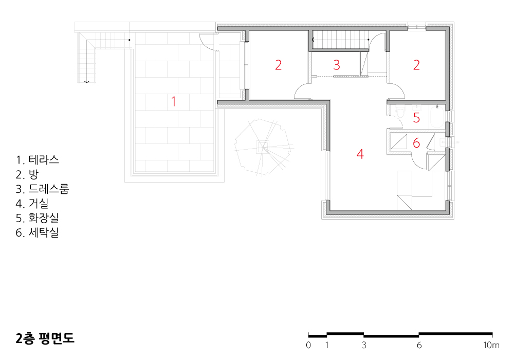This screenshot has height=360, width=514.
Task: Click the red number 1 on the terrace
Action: pyautogui.click(x=174, y=102)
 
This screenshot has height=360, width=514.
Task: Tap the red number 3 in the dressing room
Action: pyautogui.click(x=337, y=65)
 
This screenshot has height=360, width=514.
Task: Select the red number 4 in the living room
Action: pyautogui.click(x=360, y=154)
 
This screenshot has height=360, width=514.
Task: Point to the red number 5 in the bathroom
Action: pyautogui.click(x=416, y=117)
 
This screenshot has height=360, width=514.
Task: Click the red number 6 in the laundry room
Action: pyautogui.click(x=416, y=143)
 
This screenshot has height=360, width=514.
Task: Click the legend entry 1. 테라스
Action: pyautogui.click(x=38, y=160)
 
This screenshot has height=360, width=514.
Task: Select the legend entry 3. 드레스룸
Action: pyautogui.click(x=42, y=189)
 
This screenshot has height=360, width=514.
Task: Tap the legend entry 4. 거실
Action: pyautogui.click(x=32, y=204)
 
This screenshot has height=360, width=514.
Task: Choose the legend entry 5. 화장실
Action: pyautogui.click(x=38, y=218)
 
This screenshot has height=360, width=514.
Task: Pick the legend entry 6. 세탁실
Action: pyautogui.click(x=38, y=232)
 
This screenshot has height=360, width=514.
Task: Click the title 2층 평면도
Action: pyautogui.click(x=45, y=338)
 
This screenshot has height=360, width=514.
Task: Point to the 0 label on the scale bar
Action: pyautogui.click(x=308, y=345)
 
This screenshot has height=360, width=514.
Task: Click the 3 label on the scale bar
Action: pyautogui.click(x=364, y=345)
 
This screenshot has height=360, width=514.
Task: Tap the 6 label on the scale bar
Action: pyautogui.click(x=419, y=345)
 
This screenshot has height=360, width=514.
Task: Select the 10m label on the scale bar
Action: pyautogui.click(x=491, y=345)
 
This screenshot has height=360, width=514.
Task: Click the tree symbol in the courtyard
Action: pyautogui.click(x=263, y=147)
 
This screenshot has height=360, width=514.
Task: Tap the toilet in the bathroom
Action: pyautogui.click(x=400, y=111)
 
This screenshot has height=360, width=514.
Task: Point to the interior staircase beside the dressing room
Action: pyautogui.click(x=340, y=40)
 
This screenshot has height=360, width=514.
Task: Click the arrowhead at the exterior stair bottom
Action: pyautogui.click(x=86, y=82)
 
